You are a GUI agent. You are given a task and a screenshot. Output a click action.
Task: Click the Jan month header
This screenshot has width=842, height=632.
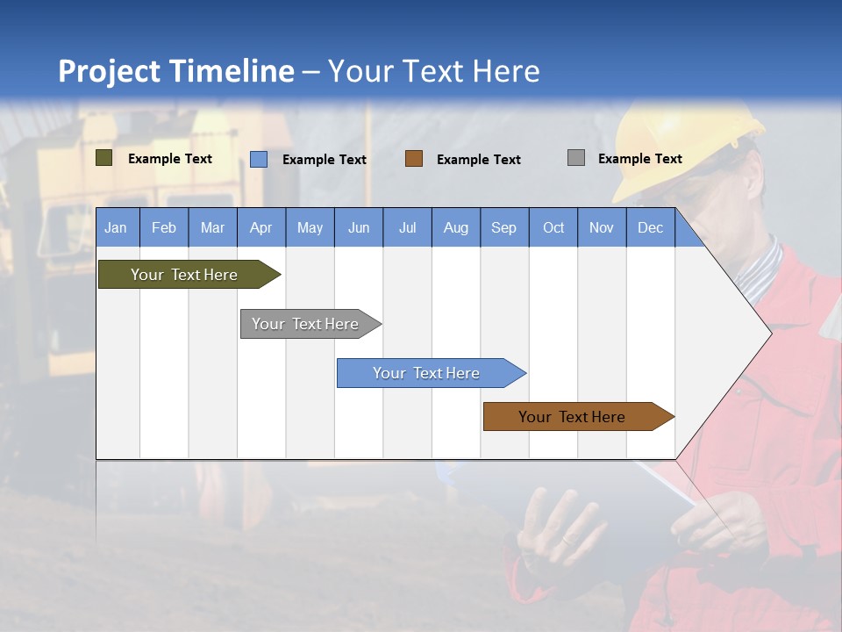point(116,227)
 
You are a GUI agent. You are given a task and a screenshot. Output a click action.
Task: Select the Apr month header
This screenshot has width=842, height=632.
point(260,227)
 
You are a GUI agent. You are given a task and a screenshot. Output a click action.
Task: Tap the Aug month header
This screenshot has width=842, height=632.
point(455,227)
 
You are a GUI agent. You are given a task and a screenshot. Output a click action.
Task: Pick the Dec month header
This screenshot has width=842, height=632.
point(650,227)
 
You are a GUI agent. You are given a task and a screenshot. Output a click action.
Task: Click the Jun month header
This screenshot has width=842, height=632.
point(358,227)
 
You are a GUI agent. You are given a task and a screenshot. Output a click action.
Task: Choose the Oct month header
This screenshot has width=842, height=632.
point(553,227)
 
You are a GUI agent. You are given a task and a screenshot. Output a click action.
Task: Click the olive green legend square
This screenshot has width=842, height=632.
point(104,158)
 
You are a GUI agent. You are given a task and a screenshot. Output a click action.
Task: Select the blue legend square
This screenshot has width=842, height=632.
point(259,159)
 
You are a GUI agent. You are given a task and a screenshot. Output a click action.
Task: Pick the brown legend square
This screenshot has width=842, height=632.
point(414,159)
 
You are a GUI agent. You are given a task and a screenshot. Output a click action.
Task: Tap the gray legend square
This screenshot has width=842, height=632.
point(576,158)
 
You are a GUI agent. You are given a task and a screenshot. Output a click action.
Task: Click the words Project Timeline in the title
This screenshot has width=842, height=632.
point(175,71)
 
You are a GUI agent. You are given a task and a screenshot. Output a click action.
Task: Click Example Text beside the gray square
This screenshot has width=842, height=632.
point(639,158)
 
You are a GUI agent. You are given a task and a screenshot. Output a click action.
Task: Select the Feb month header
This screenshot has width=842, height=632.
point(163,227)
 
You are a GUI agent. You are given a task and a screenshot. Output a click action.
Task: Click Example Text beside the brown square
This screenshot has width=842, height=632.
point(478,159)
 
